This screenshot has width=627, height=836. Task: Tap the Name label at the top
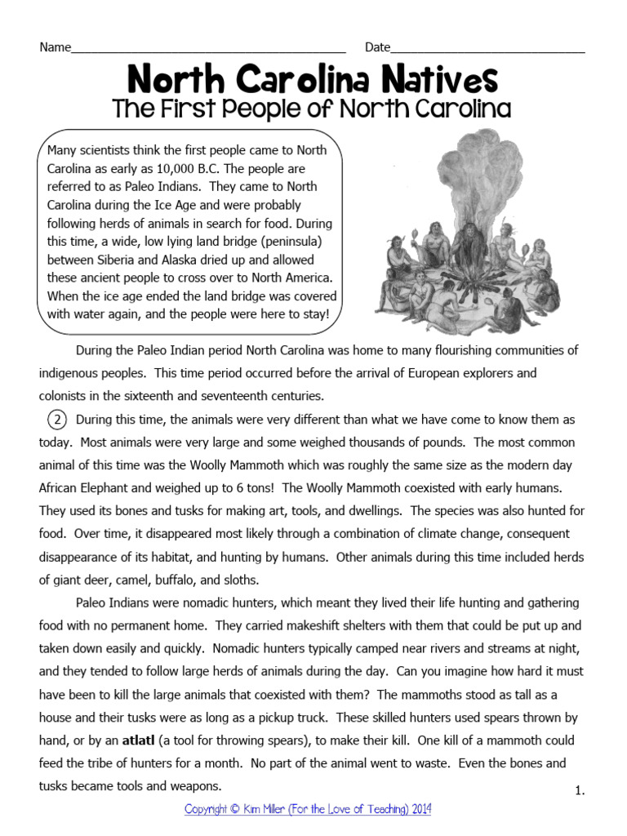[x=56, y=47]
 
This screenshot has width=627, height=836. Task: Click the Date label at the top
[x=377, y=47]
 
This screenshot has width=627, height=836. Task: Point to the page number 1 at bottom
[x=580, y=790]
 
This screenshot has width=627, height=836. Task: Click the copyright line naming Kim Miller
[x=308, y=809]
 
